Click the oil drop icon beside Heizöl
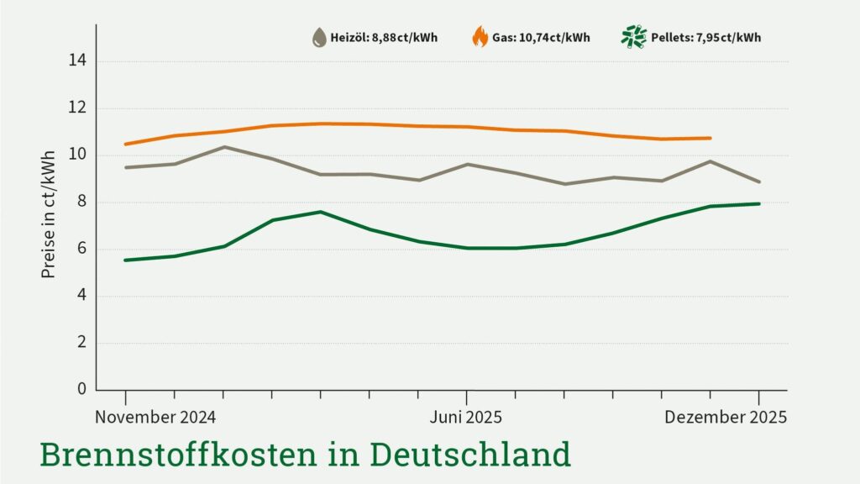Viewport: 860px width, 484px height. click(319, 37)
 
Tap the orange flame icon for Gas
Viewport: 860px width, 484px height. click(480, 37)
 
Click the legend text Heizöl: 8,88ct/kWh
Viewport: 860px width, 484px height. click(384, 38)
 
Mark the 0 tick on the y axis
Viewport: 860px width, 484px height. click(82, 389)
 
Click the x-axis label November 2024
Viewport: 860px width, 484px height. click(155, 418)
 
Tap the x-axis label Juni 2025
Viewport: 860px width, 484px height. click(466, 418)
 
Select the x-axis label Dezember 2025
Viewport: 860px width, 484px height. click(726, 418)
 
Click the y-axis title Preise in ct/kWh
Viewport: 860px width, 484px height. click(48, 214)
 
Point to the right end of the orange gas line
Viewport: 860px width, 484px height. click(711, 138)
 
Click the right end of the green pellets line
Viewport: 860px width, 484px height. click(758, 203)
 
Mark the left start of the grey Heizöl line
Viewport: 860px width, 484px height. click(126, 167)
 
